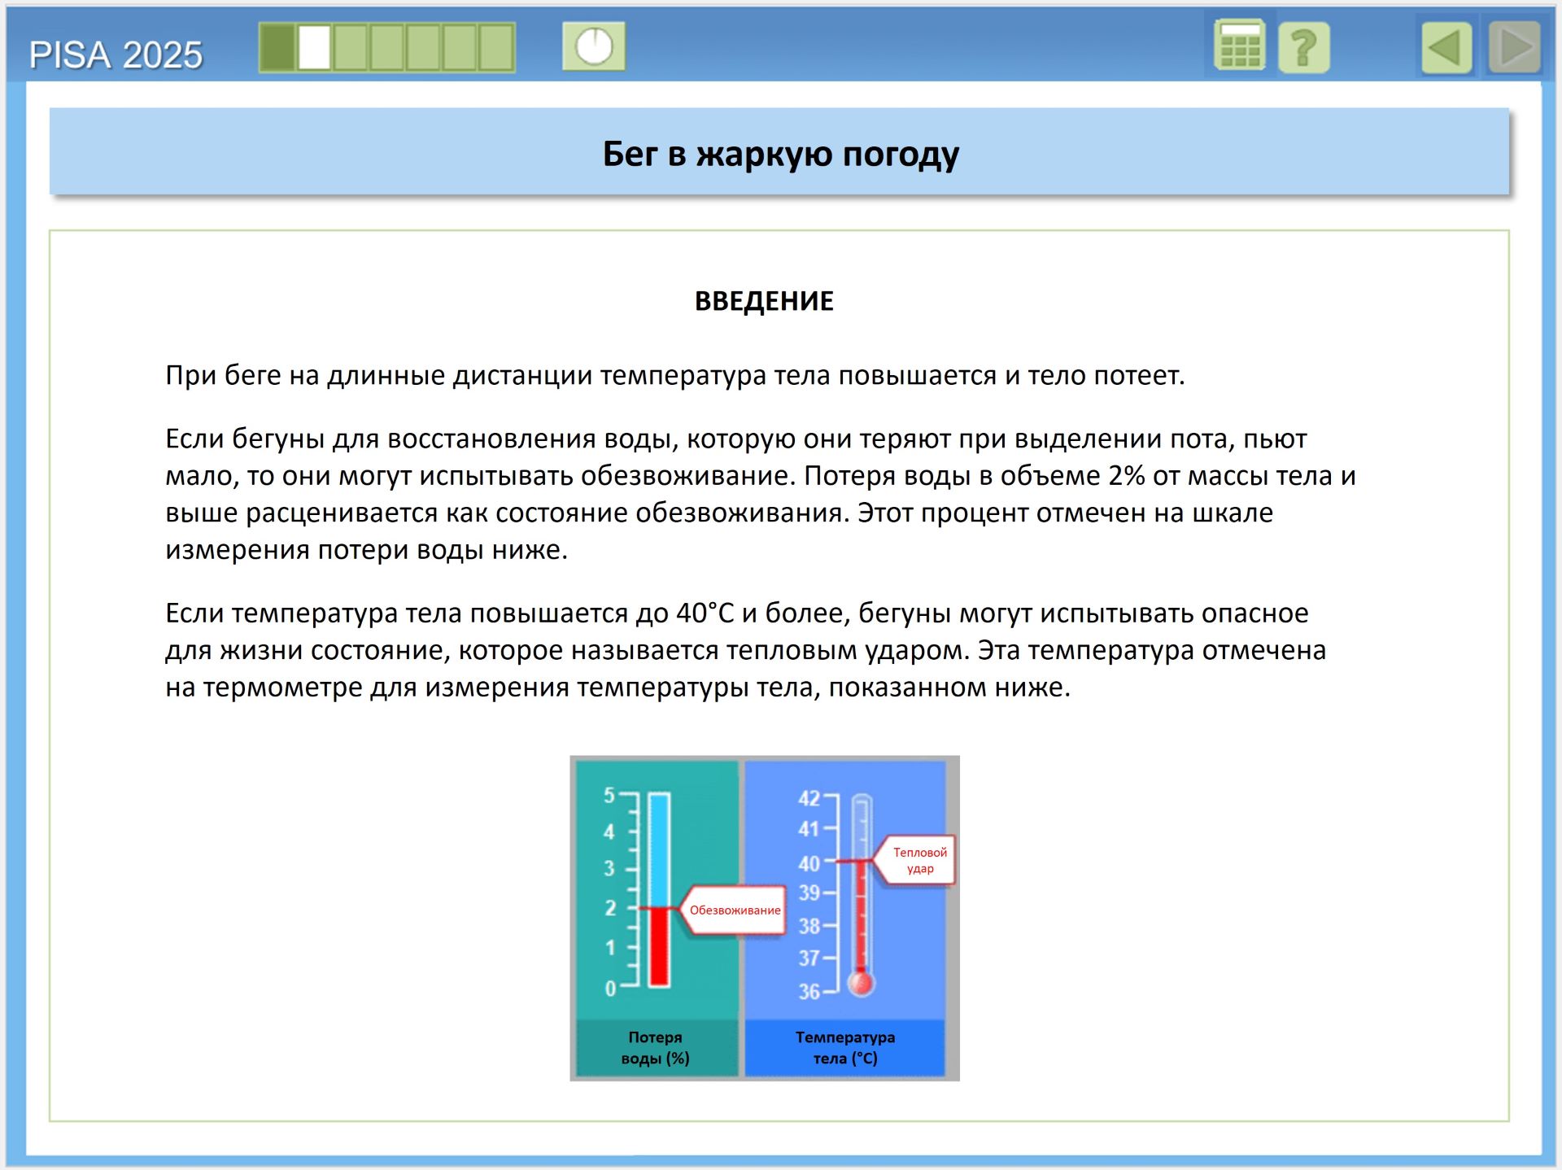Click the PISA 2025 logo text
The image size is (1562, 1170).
click(116, 55)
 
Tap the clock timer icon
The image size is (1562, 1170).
click(594, 46)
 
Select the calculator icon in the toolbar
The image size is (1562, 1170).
click(1239, 46)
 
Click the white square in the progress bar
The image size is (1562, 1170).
click(314, 47)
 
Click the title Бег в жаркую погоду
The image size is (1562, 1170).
click(780, 154)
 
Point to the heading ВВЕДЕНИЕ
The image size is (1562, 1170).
click(764, 301)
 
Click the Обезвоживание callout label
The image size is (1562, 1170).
click(735, 910)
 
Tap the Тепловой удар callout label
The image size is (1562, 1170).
click(919, 860)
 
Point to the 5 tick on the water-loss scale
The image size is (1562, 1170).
click(609, 795)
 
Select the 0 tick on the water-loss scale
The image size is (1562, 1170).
click(610, 989)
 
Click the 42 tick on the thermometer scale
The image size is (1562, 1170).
click(809, 797)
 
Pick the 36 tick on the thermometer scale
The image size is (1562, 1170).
click(809, 991)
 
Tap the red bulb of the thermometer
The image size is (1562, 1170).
click(861, 983)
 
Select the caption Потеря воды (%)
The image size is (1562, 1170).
click(655, 1047)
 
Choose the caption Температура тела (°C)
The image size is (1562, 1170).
click(845, 1047)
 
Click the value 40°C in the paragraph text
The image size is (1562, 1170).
click(705, 613)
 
